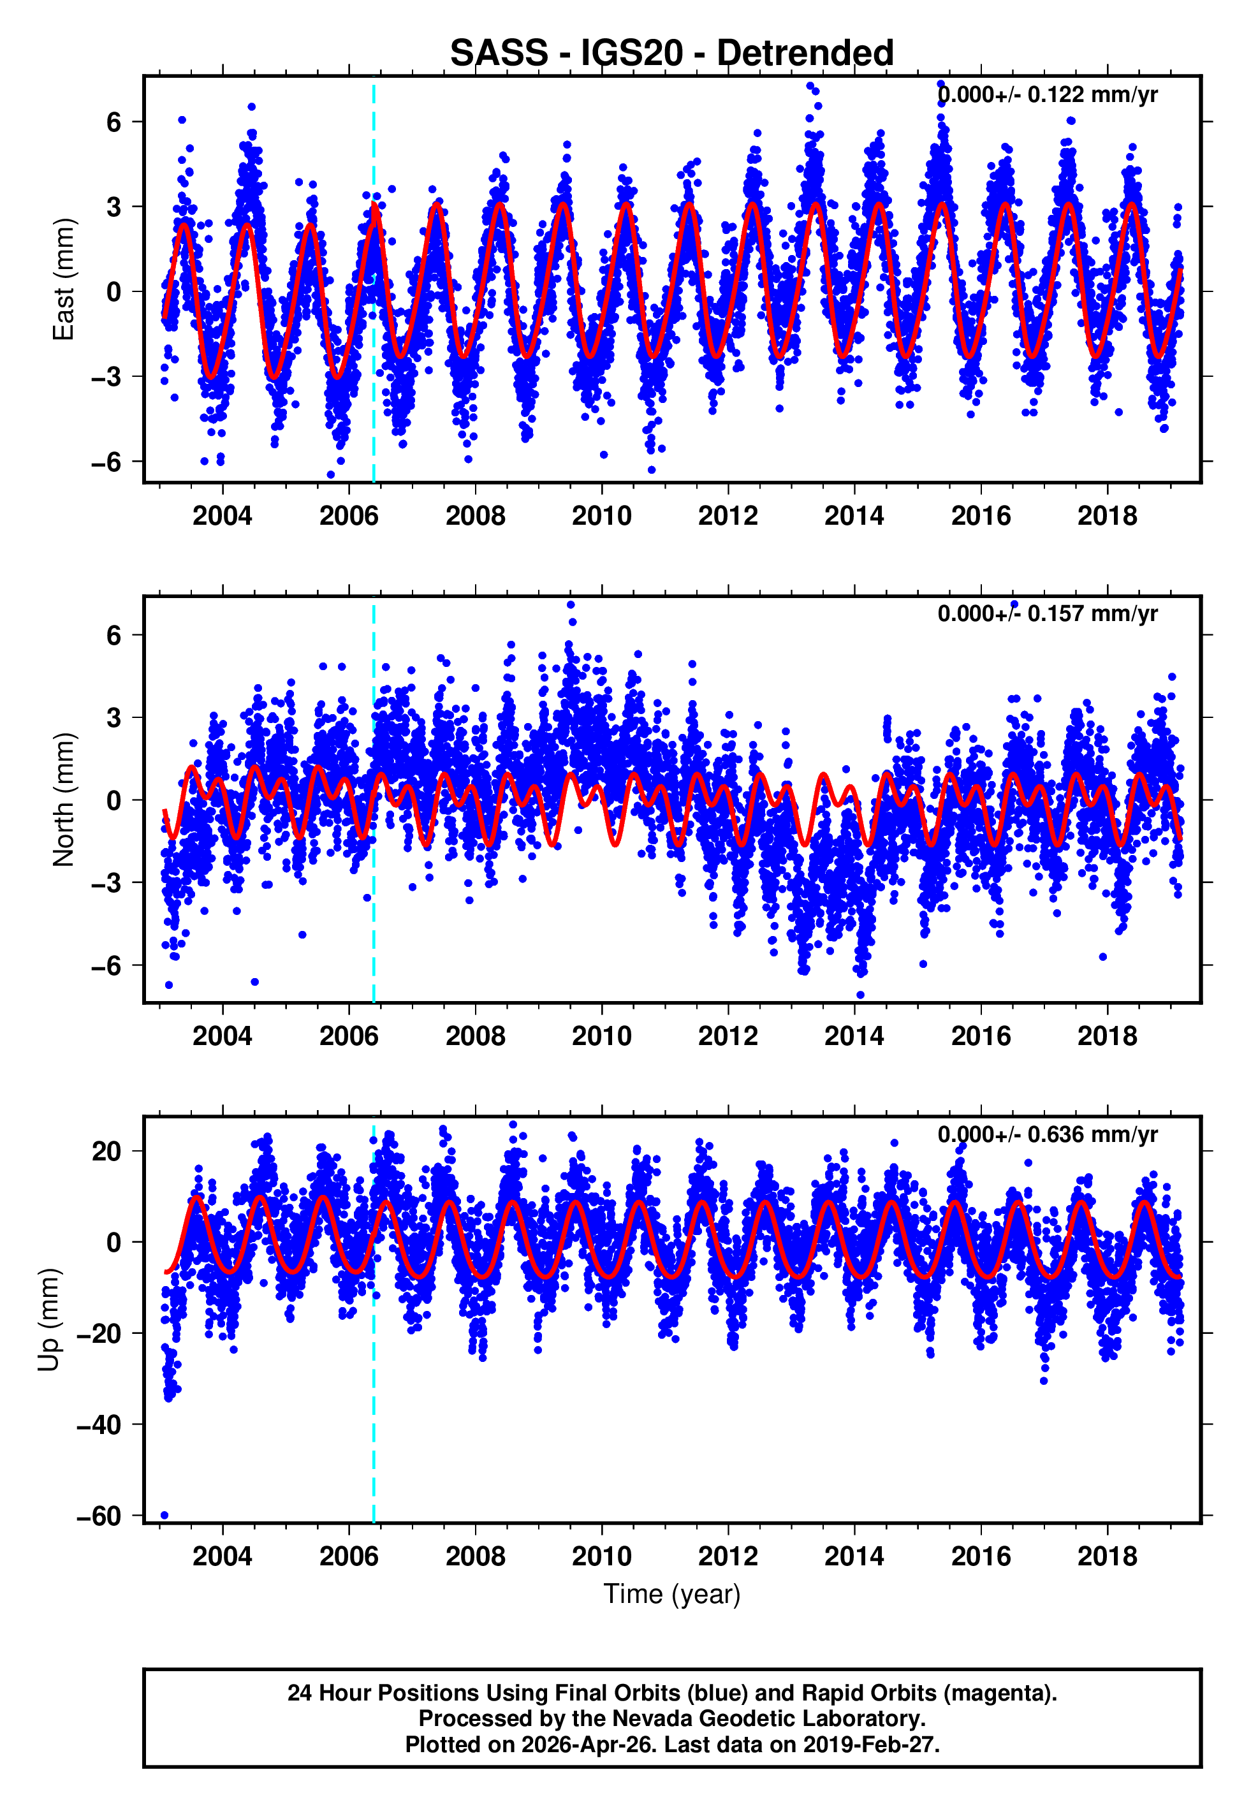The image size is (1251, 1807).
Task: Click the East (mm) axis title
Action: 64,280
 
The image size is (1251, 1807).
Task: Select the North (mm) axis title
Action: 64,800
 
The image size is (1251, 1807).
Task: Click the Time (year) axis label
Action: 672,1594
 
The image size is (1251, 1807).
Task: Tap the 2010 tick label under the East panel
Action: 601,516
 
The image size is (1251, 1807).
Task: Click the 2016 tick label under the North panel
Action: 981,1036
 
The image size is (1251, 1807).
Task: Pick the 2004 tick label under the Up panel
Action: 223,1556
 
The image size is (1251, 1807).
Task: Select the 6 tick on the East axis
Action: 114,122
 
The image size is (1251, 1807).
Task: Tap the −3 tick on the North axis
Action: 106,883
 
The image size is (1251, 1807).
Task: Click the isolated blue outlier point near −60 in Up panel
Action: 164,1515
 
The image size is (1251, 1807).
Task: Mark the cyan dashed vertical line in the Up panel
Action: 374,1372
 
